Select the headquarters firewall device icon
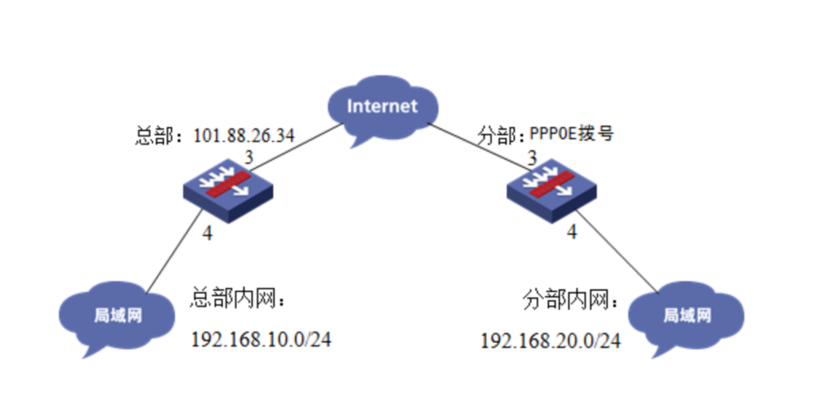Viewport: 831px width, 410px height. click(228, 190)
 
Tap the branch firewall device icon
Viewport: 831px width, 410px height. click(552, 190)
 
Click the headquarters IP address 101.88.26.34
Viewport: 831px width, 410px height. click(243, 135)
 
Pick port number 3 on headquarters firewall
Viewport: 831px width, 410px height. click(248, 157)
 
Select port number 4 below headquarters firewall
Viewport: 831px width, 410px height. click(208, 234)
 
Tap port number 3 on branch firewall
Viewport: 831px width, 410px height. click(532, 157)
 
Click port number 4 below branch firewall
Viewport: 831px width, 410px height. click(572, 232)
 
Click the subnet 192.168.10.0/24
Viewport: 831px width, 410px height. click(261, 339)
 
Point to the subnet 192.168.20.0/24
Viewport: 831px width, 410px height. click(551, 341)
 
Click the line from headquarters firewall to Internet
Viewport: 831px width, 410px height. click(296, 147)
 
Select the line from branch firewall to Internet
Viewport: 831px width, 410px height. click(479, 147)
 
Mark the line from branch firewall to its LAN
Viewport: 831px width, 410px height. click(617, 251)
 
